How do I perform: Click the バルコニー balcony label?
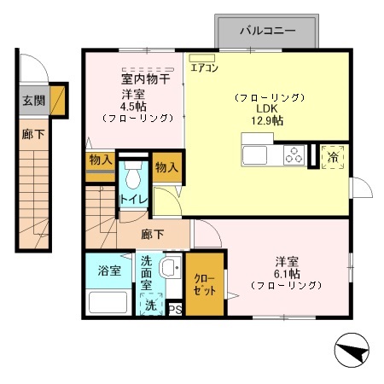click(x=267, y=30)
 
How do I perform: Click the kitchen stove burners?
click(x=294, y=156)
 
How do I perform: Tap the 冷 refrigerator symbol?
click(x=330, y=159)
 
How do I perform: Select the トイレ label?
click(x=134, y=201)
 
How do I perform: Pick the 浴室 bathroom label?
click(x=109, y=271)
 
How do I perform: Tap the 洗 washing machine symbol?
click(x=150, y=305)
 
